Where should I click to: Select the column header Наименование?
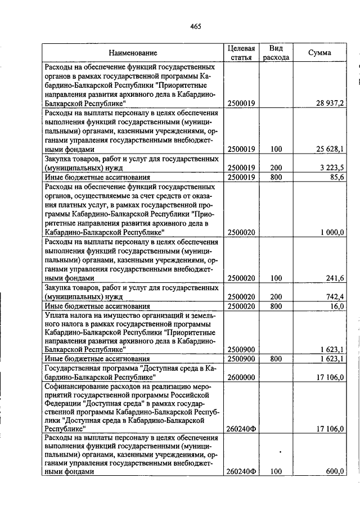[133, 53]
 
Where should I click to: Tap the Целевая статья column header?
[241, 53]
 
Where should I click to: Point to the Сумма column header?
[319, 53]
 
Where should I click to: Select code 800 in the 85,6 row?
[276, 177]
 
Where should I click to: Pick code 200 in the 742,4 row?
[276, 296]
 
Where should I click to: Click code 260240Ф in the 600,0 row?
[241, 472]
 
